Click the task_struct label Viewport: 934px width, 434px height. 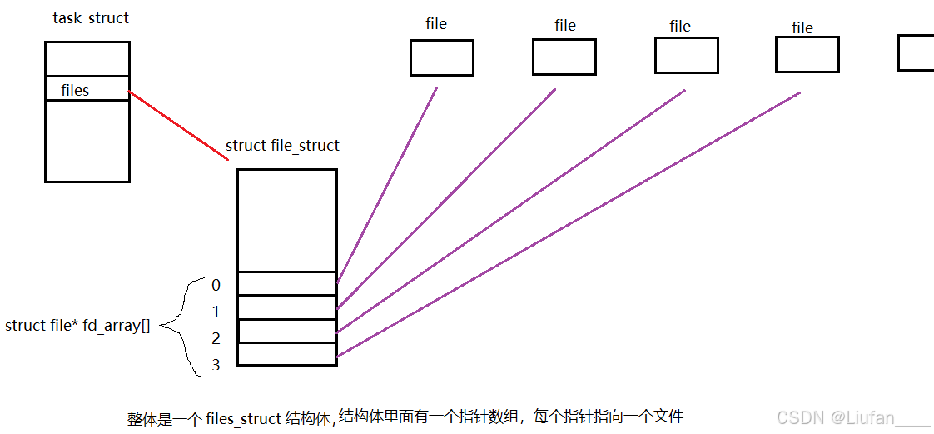click(91, 17)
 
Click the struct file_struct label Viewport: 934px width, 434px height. click(282, 146)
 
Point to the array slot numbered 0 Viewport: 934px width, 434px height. click(286, 283)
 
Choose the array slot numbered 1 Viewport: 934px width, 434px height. click(286, 307)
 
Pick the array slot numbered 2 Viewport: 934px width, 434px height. click(286, 331)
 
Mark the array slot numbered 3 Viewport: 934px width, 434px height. click(286, 354)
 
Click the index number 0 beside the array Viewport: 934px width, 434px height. click(216, 285)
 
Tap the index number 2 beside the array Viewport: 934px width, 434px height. click(216, 338)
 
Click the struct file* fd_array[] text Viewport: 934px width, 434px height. click(77, 325)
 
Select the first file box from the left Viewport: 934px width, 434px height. click(441, 57)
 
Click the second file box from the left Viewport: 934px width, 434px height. click(564, 57)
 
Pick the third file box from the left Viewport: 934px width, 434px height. click(686, 55)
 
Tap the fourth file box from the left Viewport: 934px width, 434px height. click(807, 54)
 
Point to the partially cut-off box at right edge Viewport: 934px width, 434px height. click(916, 52)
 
